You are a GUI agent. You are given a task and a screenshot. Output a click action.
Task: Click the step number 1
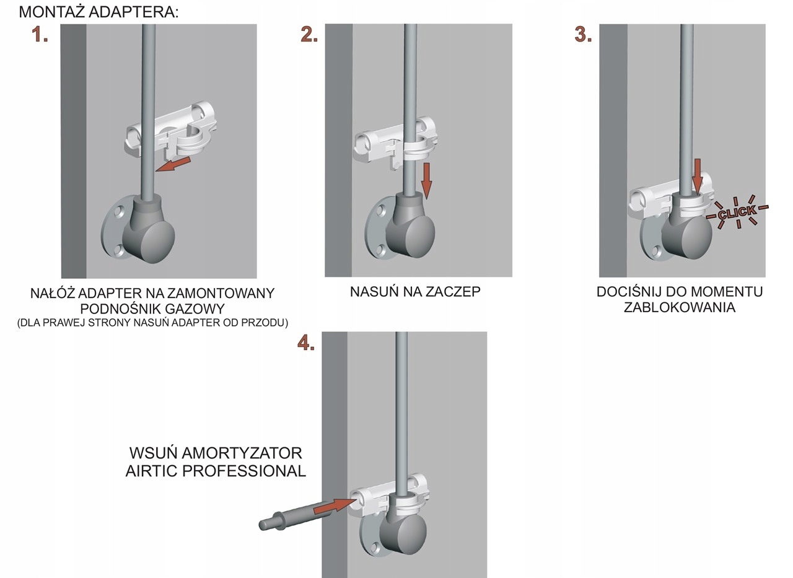click(40, 35)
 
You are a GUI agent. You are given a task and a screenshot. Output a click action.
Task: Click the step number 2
click(309, 35)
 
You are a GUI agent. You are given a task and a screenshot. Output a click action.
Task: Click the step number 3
click(583, 35)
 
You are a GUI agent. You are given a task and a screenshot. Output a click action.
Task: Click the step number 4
click(306, 343)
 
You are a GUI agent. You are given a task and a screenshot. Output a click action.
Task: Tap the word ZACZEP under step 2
click(453, 291)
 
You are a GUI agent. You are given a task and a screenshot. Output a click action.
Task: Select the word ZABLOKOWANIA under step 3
click(679, 307)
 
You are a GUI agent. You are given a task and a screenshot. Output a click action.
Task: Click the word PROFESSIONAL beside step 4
click(244, 471)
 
